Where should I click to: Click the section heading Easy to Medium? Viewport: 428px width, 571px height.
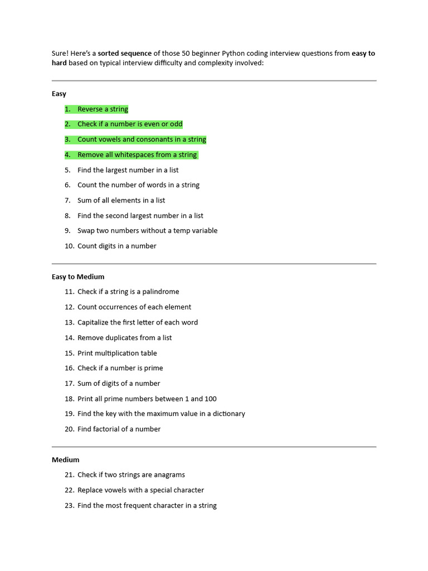(x=78, y=277)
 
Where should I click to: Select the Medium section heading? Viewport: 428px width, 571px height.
(x=66, y=460)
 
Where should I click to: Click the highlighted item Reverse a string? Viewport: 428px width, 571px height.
(x=103, y=109)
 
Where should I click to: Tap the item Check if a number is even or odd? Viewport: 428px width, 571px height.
(x=130, y=124)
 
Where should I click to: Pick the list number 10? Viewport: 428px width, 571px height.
(x=69, y=246)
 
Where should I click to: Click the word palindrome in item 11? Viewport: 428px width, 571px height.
(x=160, y=292)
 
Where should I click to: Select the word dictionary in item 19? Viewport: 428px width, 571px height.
(x=228, y=414)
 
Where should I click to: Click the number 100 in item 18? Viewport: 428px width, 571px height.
(x=210, y=399)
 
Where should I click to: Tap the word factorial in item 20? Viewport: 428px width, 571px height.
(x=108, y=429)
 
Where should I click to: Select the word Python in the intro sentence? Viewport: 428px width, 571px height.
(x=234, y=54)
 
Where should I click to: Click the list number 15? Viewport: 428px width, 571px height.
(x=69, y=353)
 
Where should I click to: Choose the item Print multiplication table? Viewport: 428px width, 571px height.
(x=117, y=353)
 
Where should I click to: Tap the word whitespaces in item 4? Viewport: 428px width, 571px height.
(x=134, y=155)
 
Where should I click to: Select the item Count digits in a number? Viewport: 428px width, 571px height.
(x=116, y=246)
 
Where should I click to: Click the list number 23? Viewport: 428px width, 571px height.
(x=69, y=506)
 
